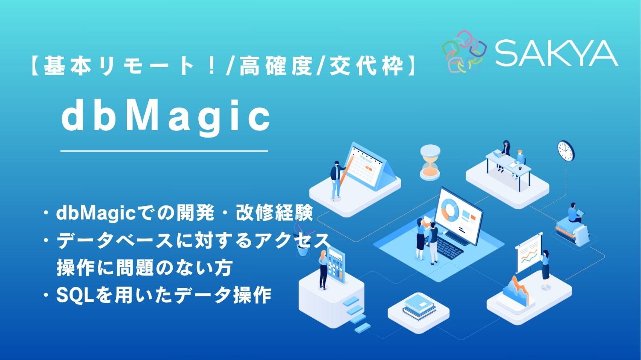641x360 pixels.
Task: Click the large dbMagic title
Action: [166, 117]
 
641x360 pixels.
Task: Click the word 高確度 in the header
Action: [276, 66]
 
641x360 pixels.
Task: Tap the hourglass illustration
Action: [429, 162]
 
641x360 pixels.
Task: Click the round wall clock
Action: [566, 151]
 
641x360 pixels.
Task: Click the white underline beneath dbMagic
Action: [164, 151]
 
